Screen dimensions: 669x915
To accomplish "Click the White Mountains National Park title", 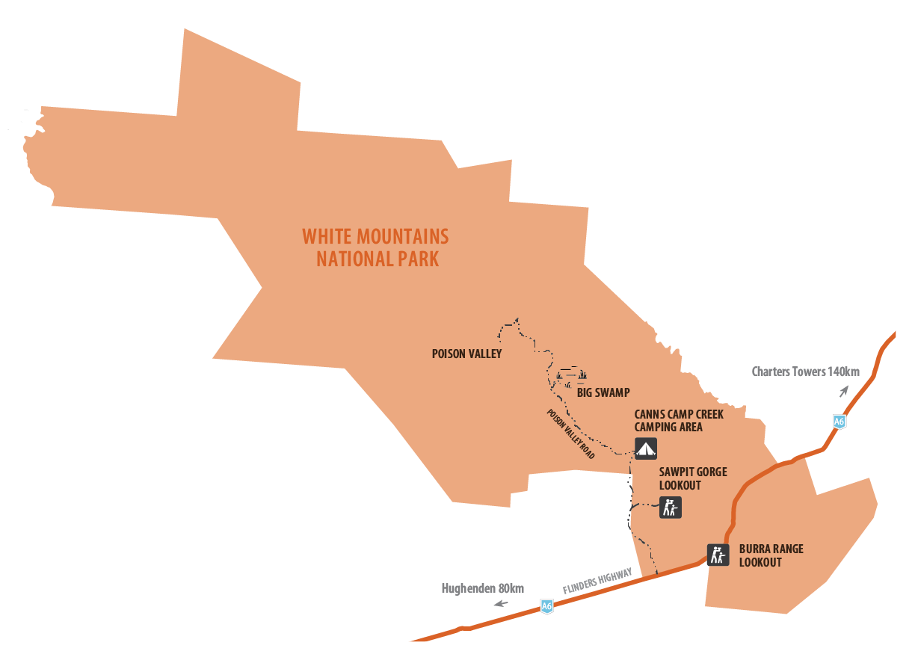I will click(x=375, y=248).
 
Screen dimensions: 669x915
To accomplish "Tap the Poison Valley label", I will click(x=466, y=354).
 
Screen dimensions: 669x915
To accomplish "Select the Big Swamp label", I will click(x=603, y=392).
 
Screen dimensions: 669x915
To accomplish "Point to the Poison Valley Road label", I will click(x=570, y=434).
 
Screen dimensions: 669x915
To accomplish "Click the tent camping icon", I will click(x=645, y=448).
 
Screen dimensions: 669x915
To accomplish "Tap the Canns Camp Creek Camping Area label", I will click(x=679, y=420).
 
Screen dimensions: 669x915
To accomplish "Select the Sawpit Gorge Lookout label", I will click(x=693, y=478).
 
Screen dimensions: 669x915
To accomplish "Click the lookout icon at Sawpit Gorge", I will click(x=670, y=508).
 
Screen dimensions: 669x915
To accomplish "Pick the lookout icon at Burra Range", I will click(x=718, y=555).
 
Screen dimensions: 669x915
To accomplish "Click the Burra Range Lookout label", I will click(x=771, y=555).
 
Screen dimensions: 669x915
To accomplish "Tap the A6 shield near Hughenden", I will click(x=547, y=606).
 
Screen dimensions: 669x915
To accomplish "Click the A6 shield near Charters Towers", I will click(x=839, y=422).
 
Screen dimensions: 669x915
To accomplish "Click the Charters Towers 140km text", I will click(x=806, y=372).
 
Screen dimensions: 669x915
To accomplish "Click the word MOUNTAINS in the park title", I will click(x=402, y=237).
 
